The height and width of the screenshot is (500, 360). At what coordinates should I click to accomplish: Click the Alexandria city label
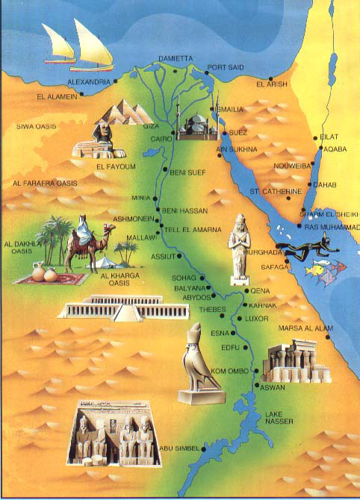click(x=88, y=81)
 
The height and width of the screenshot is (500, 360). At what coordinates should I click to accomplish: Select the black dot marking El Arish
click(x=270, y=78)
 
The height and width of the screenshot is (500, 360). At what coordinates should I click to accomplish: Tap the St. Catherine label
click(x=276, y=191)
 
